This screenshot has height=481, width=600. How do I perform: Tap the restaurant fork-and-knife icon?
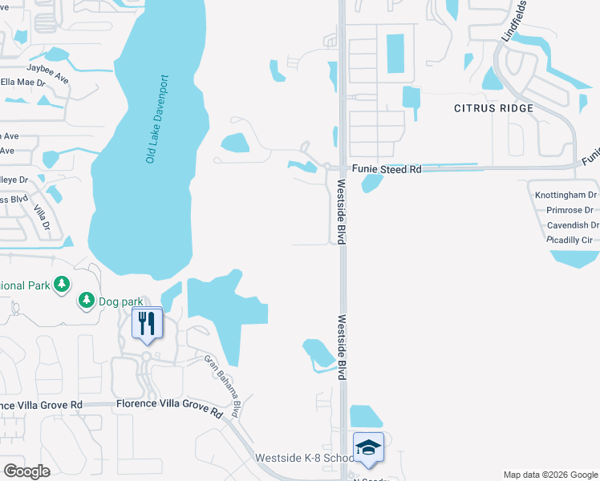coord(146,322)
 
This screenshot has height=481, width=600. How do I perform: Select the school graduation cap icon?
coord(368,447)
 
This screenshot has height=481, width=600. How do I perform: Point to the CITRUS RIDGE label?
coord(493,108)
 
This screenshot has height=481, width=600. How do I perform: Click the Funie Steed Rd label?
coord(387,170)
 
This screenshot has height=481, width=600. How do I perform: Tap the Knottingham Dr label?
coord(566,195)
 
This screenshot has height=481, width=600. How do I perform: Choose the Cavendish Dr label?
coord(572,225)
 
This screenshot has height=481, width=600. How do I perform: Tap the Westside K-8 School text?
coord(304,458)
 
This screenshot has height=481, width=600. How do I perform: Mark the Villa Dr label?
coord(41,219)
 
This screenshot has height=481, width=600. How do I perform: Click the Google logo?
coord(26,471)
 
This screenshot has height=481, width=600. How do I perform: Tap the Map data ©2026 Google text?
coord(549,475)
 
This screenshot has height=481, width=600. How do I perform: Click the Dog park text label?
coord(120,301)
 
